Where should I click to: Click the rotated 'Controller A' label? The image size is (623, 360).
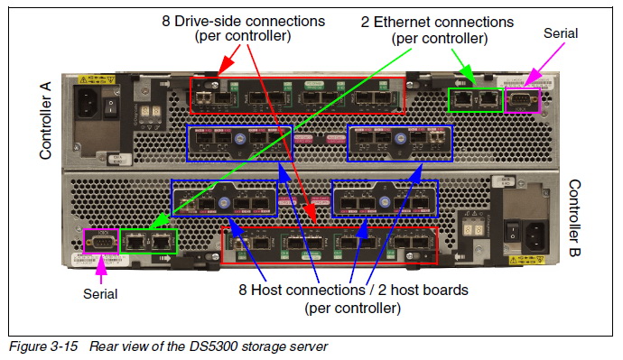(46, 118)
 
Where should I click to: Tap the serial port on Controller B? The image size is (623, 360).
(102, 242)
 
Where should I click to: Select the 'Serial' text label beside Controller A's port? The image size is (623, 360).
(560, 33)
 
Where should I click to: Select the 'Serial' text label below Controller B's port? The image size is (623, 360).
(100, 293)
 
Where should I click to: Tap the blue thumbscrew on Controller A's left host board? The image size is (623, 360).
(240, 142)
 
